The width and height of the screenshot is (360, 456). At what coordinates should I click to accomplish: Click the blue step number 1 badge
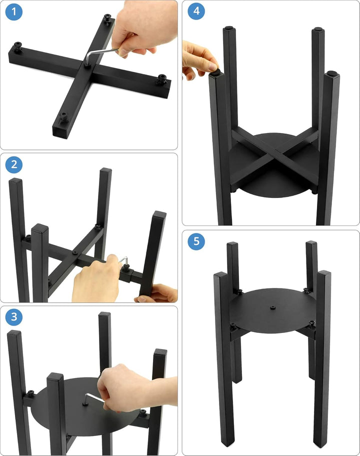[x=13, y=12]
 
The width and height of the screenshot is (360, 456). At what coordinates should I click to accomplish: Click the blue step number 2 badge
[x=13, y=164]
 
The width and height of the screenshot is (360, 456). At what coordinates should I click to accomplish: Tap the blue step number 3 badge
[x=13, y=316]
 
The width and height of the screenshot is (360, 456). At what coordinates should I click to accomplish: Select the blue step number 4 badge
[x=196, y=11]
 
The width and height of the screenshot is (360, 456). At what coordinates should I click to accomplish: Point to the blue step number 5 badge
[x=196, y=241]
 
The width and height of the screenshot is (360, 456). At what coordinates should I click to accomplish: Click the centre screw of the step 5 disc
[x=272, y=307]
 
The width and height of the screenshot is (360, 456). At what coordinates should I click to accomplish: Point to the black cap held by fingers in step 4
[x=215, y=71]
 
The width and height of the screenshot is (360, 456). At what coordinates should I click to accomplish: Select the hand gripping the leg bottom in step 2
[x=157, y=293]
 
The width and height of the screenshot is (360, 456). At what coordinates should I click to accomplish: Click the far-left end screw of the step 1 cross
[x=18, y=46]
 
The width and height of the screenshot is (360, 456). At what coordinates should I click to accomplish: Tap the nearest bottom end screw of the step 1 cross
[x=63, y=117]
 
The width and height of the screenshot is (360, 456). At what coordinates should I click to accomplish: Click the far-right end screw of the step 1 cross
[x=161, y=79]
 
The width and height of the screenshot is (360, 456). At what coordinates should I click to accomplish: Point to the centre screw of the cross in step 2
[x=75, y=252]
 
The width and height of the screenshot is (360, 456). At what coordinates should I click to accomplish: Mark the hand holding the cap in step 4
[x=199, y=59]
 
